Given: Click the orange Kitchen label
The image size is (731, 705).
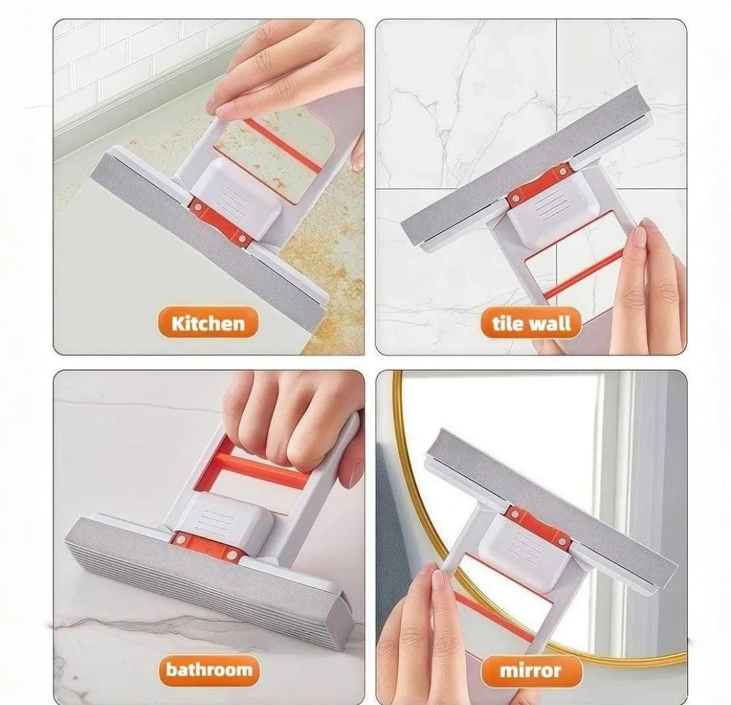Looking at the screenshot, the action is pyautogui.click(x=208, y=323).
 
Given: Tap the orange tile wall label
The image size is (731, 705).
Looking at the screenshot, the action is pyautogui.click(x=531, y=323).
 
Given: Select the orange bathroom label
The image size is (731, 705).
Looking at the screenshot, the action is pyautogui.click(x=209, y=670).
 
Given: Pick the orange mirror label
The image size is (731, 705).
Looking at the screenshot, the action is pyautogui.click(x=531, y=670).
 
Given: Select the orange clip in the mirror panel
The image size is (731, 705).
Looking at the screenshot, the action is pyautogui.click(x=539, y=527).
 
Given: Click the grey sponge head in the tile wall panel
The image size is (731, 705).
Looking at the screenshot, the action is pyautogui.click(x=525, y=167).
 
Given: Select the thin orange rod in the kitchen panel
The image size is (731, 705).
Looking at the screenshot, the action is pyautogui.click(x=283, y=144).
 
